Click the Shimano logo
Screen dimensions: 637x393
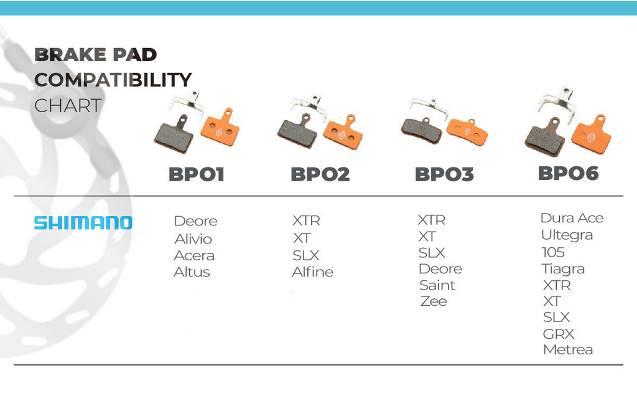click(83, 223)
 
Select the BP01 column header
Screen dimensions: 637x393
click(196, 174)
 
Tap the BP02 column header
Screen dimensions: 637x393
click(320, 174)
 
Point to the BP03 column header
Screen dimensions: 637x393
click(444, 174)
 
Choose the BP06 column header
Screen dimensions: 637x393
click(569, 173)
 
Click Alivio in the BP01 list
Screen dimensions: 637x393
click(193, 239)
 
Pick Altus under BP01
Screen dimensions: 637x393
click(192, 272)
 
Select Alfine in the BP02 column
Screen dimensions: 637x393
click(312, 272)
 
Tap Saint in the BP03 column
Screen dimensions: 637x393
click(437, 285)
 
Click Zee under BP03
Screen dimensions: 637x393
click(434, 301)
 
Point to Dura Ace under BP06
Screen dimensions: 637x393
click(572, 218)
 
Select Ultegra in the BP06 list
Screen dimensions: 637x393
click(567, 235)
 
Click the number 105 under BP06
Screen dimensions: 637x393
click(553, 252)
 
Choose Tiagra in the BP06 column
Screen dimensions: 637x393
click(562, 269)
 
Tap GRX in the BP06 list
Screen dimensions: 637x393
click(558, 334)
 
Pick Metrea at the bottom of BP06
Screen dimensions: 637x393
click(567, 350)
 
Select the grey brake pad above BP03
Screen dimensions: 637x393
click(422, 130)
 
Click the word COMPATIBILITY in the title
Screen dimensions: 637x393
click(113, 80)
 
